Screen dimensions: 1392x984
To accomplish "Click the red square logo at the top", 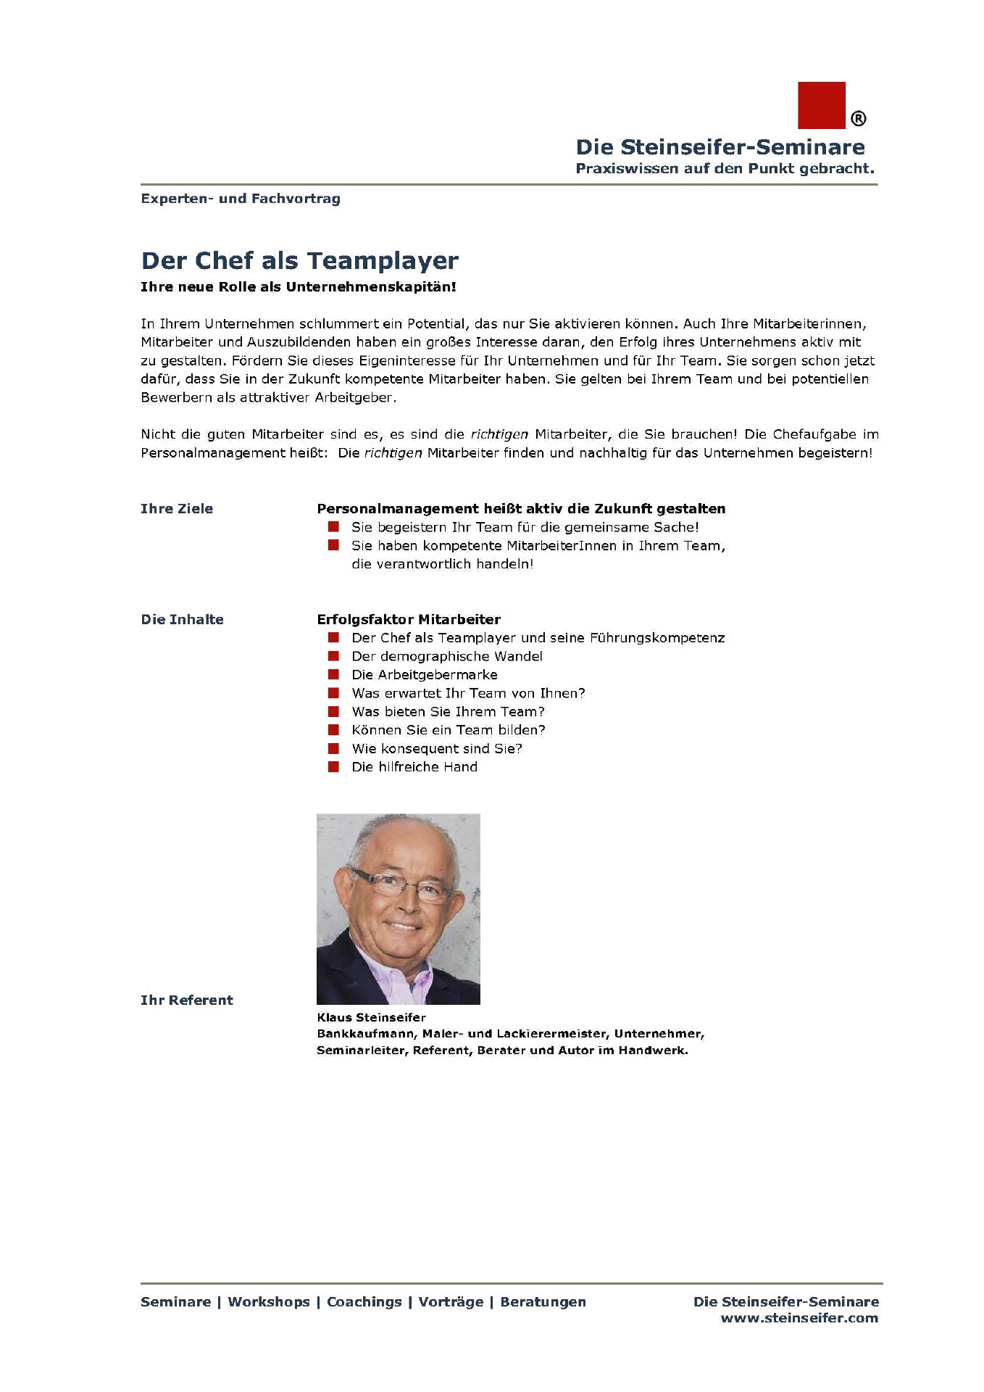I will click(x=821, y=105).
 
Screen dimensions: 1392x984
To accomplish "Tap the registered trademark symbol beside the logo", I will click(x=857, y=119).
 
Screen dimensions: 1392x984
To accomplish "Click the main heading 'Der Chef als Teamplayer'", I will click(x=299, y=260).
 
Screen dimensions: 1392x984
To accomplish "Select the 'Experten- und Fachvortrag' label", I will click(x=240, y=199).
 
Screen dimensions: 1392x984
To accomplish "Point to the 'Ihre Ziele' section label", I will click(x=177, y=509).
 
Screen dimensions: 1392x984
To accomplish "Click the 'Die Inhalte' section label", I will click(x=182, y=620).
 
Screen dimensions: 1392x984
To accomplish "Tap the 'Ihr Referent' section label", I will click(x=186, y=1000).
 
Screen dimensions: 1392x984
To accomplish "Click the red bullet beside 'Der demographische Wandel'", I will click(x=333, y=656).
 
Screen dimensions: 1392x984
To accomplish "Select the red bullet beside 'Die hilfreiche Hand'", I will click(x=333, y=767).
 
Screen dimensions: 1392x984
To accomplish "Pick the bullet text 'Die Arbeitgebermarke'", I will click(x=424, y=675).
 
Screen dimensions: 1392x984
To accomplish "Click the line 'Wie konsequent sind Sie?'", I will click(x=436, y=749).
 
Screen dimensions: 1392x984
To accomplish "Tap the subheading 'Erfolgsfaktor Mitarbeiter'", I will click(x=409, y=620).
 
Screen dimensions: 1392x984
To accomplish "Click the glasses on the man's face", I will click(x=400, y=885).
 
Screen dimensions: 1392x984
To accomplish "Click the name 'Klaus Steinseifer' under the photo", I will click(x=371, y=1018).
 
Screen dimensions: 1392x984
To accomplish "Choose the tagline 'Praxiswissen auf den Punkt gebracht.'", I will click(x=725, y=169).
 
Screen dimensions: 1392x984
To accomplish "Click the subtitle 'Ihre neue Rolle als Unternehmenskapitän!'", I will click(x=298, y=287).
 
